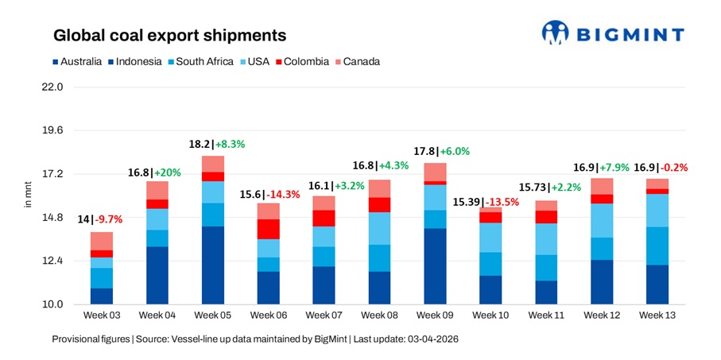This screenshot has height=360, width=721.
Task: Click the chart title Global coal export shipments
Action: point(169,36)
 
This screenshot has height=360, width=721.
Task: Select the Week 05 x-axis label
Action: point(212,316)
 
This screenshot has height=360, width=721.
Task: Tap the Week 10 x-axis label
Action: point(490,316)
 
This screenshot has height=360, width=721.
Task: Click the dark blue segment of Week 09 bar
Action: point(435,266)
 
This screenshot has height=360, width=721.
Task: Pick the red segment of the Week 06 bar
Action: point(268,229)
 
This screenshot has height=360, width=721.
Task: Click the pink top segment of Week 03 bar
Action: point(101,241)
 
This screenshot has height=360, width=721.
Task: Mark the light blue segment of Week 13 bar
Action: point(657,210)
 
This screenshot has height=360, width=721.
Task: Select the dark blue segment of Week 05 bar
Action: point(212,265)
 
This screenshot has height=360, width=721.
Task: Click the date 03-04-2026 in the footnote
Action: point(430,339)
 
